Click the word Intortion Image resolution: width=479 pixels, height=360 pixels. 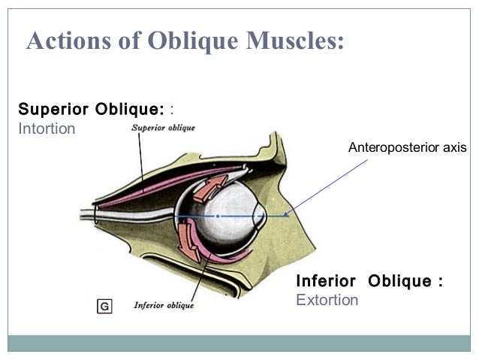click(x=47, y=129)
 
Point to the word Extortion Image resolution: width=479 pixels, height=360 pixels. click(x=327, y=301)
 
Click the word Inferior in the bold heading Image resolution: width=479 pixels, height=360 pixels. click(x=326, y=281)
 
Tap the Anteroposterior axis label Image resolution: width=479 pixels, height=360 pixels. click(x=407, y=148)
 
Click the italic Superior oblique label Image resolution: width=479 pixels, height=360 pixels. click(x=163, y=128)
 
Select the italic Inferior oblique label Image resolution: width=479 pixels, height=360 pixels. click(x=163, y=305)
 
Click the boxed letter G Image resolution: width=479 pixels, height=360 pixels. click(x=104, y=306)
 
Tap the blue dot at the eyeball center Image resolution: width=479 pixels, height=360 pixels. click(x=217, y=216)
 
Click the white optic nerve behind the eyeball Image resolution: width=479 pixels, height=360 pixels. click(x=135, y=214)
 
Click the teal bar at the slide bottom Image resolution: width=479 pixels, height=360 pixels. click(x=239, y=343)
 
